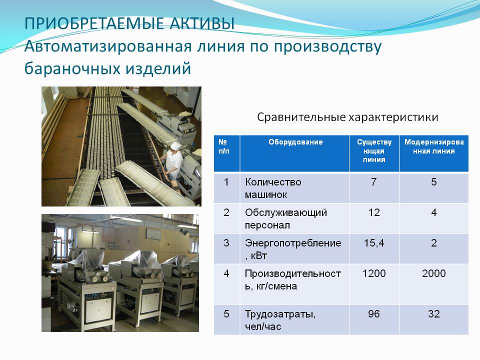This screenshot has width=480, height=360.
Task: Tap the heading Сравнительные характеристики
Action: (347, 117)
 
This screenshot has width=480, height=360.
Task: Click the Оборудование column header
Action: (295, 142)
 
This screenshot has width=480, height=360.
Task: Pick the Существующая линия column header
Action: (374, 150)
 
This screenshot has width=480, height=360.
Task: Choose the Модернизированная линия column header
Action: (434, 146)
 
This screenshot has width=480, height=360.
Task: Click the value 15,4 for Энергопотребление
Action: (374, 243)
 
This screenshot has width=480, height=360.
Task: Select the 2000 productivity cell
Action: (434, 273)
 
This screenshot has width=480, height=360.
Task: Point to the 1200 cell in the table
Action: (374, 273)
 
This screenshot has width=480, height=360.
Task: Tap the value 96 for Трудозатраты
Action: (374, 314)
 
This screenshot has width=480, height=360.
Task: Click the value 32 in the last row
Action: (434, 314)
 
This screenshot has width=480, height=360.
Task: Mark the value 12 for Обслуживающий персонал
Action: (374, 212)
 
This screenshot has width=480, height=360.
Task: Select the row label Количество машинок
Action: (273, 188)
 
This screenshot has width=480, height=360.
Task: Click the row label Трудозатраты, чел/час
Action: (280, 320)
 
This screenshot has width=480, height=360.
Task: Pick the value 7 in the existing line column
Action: (374, 182)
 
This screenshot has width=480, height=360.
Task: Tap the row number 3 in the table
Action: (226, 243)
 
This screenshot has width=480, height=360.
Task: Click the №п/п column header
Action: (224, 146)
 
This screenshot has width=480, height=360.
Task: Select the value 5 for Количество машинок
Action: (434, 182)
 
